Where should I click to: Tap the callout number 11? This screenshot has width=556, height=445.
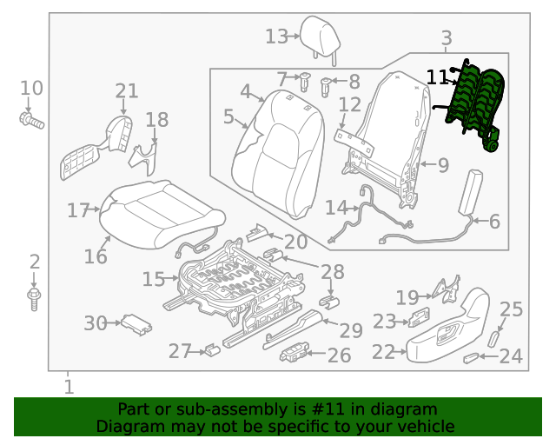[x=437, y=77]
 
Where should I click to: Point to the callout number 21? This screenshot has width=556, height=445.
[x=127, y=91]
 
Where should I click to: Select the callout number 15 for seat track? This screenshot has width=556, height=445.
[x=153, y=279]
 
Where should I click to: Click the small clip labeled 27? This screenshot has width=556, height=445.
[x=212, y=350]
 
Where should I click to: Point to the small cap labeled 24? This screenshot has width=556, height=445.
[x=472, y=357]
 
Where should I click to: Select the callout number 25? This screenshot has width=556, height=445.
[x=512, y=309]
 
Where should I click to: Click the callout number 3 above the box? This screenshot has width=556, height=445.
[x=447, y=38]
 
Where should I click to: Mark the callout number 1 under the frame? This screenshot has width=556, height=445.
[x=69, y=386]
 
